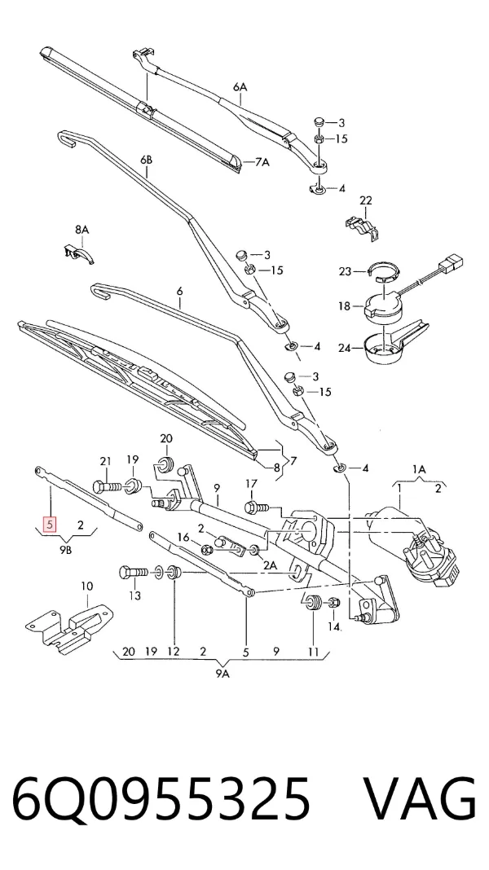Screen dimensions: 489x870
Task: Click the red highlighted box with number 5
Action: pos(51,524)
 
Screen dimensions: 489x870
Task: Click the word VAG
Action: pos(420,801)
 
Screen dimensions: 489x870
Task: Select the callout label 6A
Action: pos(240,87)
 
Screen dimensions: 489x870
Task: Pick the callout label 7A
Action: pos(262,163)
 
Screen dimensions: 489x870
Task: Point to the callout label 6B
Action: pos(146,160)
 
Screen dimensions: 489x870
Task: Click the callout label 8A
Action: pos(82,229)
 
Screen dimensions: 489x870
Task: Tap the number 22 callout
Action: pos(365,200)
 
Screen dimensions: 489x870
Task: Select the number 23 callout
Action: pos(346,272)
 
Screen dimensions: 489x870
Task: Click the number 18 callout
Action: pos(345,305)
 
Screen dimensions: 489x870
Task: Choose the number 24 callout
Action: pos(346,349)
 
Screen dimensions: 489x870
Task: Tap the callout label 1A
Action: pos(419,469)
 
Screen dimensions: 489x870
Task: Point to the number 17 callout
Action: pos(252,485)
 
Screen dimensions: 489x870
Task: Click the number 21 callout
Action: pos(105,461)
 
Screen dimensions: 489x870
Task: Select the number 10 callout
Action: pos(87,586)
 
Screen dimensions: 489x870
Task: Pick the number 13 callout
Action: pos(134,596)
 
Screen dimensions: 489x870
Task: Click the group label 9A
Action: pos(222,674)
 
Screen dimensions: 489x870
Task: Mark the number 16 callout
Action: pos(183,536)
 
